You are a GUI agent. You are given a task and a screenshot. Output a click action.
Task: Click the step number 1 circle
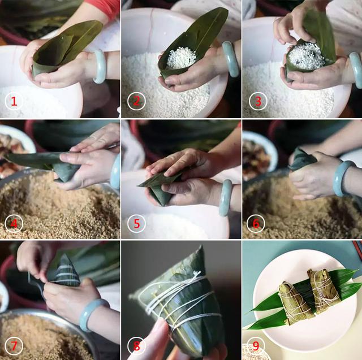click(x=14, y=102)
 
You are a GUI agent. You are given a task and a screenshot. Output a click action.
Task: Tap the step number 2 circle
click(x=136, y=102)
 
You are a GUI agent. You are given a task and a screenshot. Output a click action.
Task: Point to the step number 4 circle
click(x=14, y=224)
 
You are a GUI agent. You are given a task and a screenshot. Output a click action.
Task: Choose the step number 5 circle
click(x=136, y=224)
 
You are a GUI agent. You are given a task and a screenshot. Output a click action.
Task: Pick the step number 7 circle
click(x=14, y=345)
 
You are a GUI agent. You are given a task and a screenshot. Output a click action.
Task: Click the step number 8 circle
click(x=136, y=345)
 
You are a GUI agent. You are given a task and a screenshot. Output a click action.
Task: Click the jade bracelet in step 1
click(x=100, y=66)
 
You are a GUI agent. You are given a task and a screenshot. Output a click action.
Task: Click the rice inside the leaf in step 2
click(x=180, y=57)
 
